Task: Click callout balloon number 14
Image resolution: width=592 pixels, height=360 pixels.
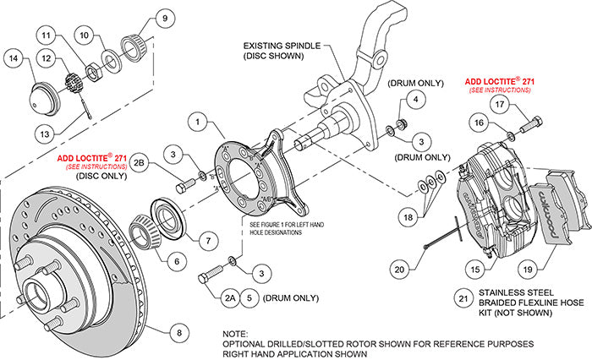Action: point(14,58)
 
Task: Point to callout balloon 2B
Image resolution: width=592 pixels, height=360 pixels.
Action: point(141,161)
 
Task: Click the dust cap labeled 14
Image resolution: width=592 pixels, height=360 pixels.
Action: point(42,89)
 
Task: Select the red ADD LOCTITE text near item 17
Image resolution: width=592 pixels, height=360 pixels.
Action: point(500,83)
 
